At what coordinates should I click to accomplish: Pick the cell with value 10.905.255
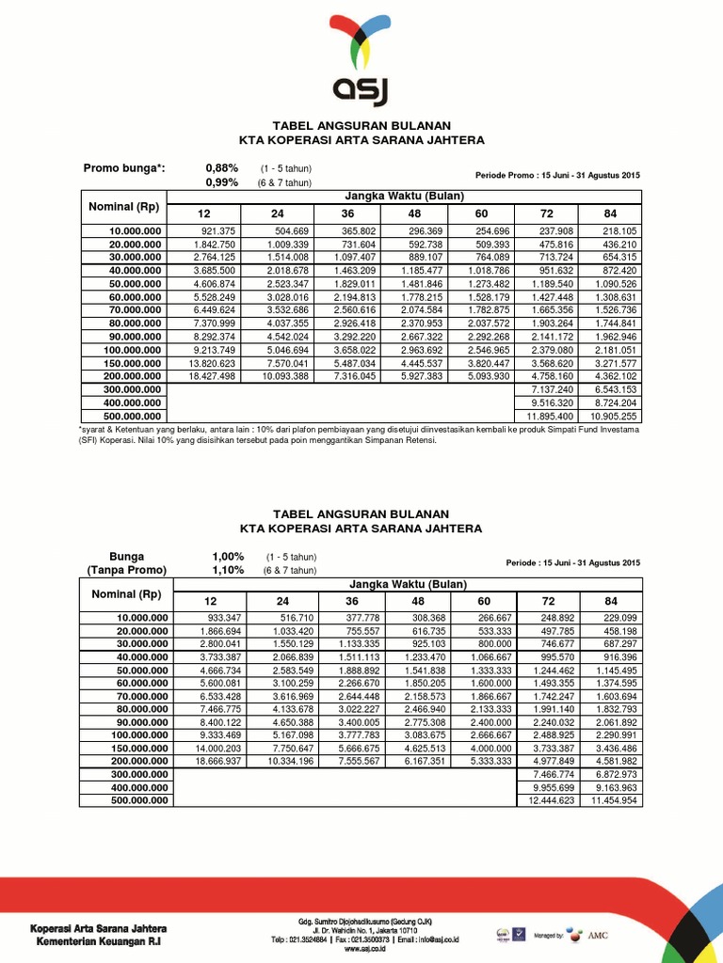[612, 416]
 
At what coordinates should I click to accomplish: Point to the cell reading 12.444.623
[544, 799]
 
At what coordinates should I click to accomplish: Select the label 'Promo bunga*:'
[124, 168]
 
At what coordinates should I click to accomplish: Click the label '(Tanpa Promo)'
[126, 570]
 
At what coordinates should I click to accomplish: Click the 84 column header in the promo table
[611, 213]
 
